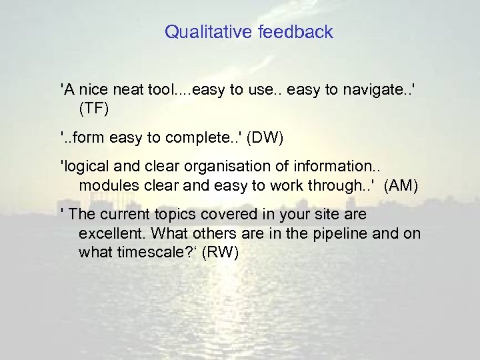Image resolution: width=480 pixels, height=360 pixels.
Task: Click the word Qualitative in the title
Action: [x=199, y=31]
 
